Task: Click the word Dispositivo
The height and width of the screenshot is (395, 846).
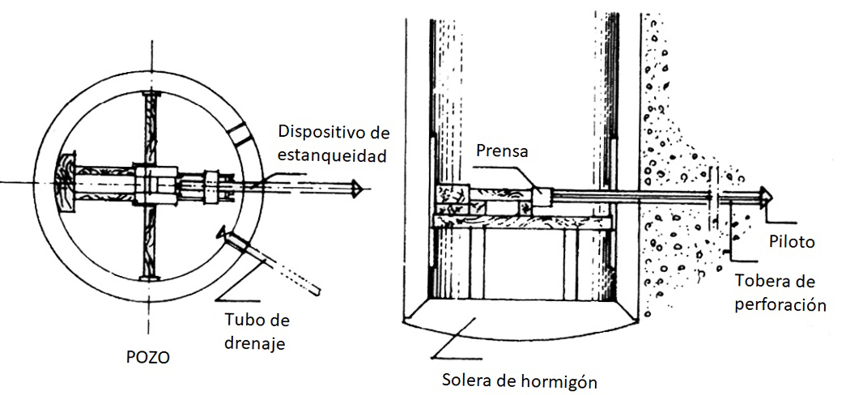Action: coord(320,131)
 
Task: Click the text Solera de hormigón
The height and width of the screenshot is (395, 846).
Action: coord(520,380)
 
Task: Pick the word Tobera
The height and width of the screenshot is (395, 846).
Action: coord(761,282)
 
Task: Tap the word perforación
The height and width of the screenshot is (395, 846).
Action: coord(780,305)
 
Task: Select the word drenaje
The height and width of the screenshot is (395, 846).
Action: coord(258,343)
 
